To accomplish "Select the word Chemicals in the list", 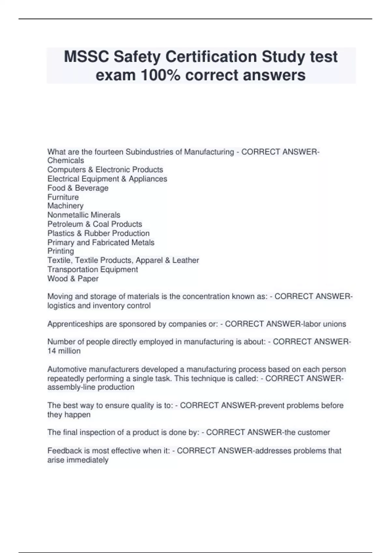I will (x=65, y=160).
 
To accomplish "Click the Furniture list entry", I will (x=63, y=197).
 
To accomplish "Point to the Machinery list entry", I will (x=65, y=206).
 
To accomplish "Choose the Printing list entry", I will (x=61, y=251).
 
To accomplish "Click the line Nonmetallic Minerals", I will (x=84, y=215).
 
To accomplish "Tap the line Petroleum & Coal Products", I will (x=94, y=224).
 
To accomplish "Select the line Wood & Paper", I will (x=73, y=279).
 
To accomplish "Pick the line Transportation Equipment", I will (x=93, y=270).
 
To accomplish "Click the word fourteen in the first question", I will (x=109, y=152).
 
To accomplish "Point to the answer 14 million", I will (x=64, y=351).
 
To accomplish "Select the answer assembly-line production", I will (x=91, y=387).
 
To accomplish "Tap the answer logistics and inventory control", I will (x=99, y=306).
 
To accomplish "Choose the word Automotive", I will (x=67, y=370).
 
